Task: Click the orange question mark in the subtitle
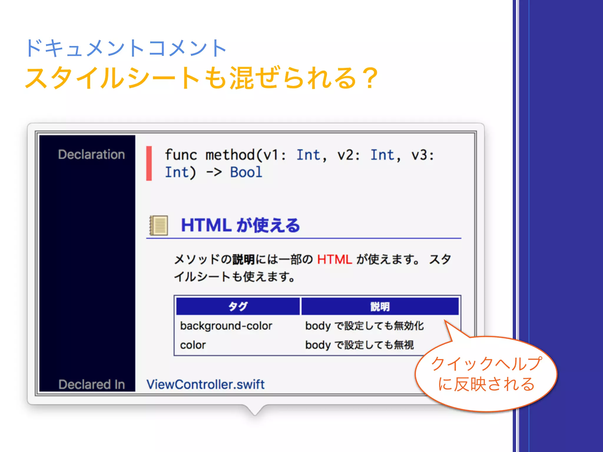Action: point(370,78)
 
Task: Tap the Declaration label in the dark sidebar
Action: point(91,154)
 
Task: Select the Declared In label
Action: point(92,384)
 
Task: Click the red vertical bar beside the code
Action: point(149,163)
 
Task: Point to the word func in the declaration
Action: point(180,155)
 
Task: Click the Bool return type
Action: point(246,172)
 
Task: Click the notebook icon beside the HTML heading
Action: point(159,225)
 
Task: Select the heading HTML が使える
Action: point(240,225)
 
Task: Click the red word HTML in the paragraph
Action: point(334,260)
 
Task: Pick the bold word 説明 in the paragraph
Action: point(243,260)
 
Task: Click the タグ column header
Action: point(238,306)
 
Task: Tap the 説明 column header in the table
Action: point(380,306)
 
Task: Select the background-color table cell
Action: point(226,326)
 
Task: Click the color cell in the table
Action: point(193,345)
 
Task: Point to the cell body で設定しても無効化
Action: point(365,326)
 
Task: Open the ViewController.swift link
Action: point(206,384)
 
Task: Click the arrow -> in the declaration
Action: point(214,172)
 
